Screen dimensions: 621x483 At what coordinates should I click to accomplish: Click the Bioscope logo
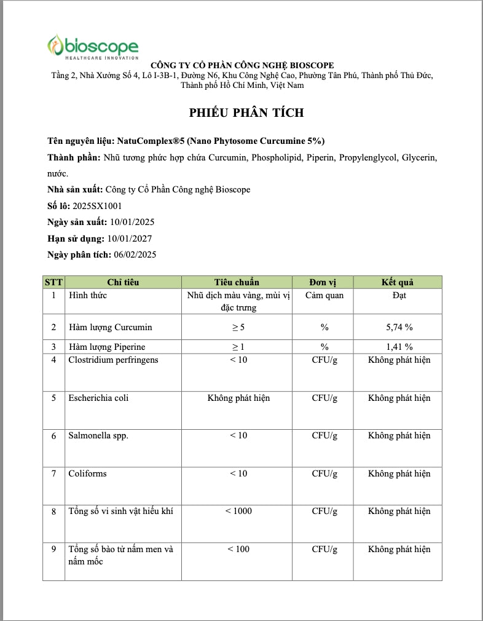pyautogui.click(x=93, y=47)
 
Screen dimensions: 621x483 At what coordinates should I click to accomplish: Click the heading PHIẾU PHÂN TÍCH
pyautogui.click(x=246, y=113)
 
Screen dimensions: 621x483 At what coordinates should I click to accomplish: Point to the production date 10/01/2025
pyautogui.click(x=130, y=222)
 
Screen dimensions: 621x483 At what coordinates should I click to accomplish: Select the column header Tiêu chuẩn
pyautogui.click(x=237, y=282)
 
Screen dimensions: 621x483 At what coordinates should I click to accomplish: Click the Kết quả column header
pyautogui.click(x=398, y=282)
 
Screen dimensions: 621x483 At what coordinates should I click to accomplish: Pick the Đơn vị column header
pyautogui.click(x=323, y=282)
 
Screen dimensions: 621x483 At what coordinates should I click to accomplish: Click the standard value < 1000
pyautogui.click(x=238, y=511)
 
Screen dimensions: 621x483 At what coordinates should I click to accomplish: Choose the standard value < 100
pyautogui.click(x=238, y=549)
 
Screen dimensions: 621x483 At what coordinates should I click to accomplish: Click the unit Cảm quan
pyautogui.click(x=324, y=295)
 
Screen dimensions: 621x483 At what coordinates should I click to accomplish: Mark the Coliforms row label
pyautogui.click(x=88, y=473)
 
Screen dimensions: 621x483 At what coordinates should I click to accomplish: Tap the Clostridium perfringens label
pyautogui.click(x=113, y=360)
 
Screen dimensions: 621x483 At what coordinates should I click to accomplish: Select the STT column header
pyautogui.click(x=53, y=282)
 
